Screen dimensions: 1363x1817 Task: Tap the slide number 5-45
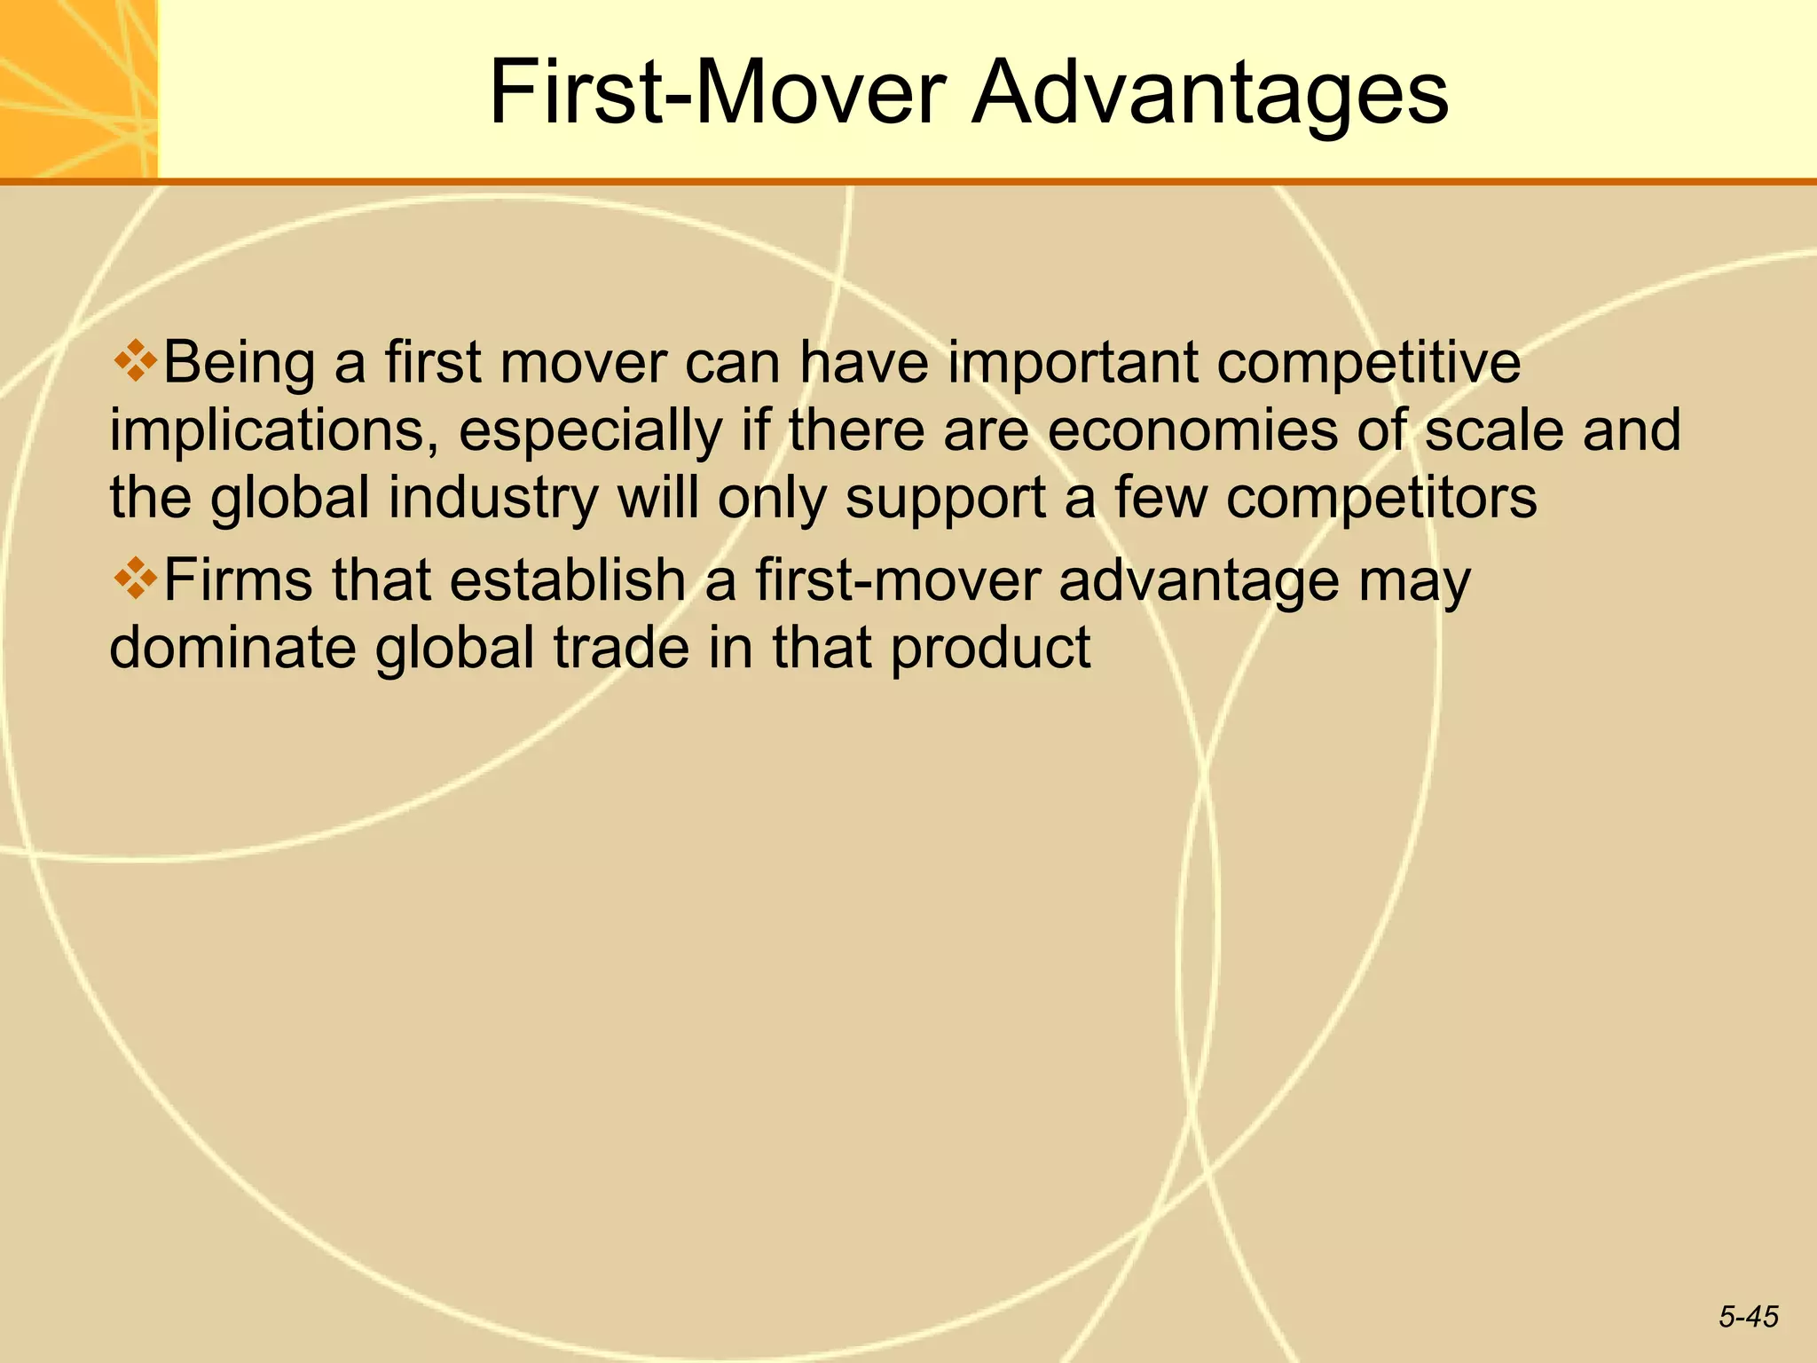tap(1748, 1317)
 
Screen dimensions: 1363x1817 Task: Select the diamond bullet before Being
tap(135, 361)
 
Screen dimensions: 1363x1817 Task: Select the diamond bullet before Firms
tap(135, 579)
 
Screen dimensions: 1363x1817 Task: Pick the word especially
tap(590, 431)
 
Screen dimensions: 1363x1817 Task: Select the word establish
tap(568, 580)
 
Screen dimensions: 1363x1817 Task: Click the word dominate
tap(232, 647)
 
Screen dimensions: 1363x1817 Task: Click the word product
tap(990, 649)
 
